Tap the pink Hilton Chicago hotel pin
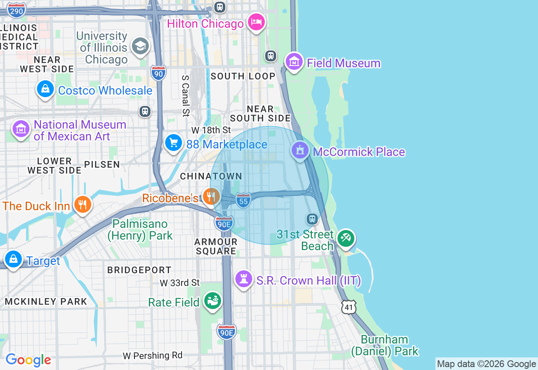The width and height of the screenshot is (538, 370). (x=256, y=22)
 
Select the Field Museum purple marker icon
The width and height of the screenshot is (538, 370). (x=294, y=62)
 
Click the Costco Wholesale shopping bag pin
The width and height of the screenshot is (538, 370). (x=45, y=89)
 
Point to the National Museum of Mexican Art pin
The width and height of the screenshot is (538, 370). (x=21, y=129)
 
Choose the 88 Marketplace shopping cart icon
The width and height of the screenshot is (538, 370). (x=173, y=143)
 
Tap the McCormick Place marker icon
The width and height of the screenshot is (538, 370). (x=300, y=151)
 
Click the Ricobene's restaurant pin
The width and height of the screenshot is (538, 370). (x=211, y=196)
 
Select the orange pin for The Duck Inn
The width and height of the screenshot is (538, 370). (x=83, y=205)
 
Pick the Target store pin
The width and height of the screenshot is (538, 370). (x=13, y=259)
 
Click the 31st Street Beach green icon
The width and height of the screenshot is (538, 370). (x=346, y=238)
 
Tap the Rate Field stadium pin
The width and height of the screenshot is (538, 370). (x=213, y=301)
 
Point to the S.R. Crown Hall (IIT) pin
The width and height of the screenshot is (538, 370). (x=243, y=279)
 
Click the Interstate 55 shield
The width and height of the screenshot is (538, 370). (x=243, y=201)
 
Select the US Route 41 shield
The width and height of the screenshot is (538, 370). (x=349, y=307)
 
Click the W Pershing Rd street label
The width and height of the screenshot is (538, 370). (x=153, y=356)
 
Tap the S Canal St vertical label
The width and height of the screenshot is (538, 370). (x=185, y=96)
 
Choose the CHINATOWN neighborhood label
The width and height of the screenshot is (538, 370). (x=211, y=177)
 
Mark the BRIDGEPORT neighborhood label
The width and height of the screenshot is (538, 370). (x=139, y=270)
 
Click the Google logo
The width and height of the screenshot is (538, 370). (x=28, y=360)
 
